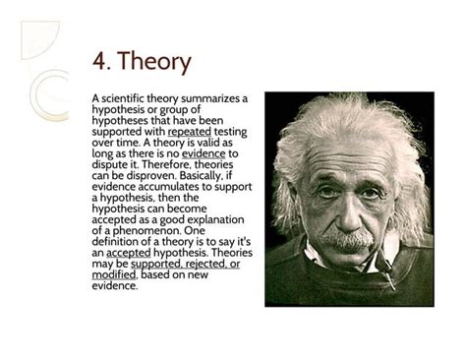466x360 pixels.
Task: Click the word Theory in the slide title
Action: click(x=155, y=62)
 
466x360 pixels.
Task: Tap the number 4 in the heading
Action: click(x=99, y=62)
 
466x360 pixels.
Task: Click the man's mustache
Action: click(x=348, y=237)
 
